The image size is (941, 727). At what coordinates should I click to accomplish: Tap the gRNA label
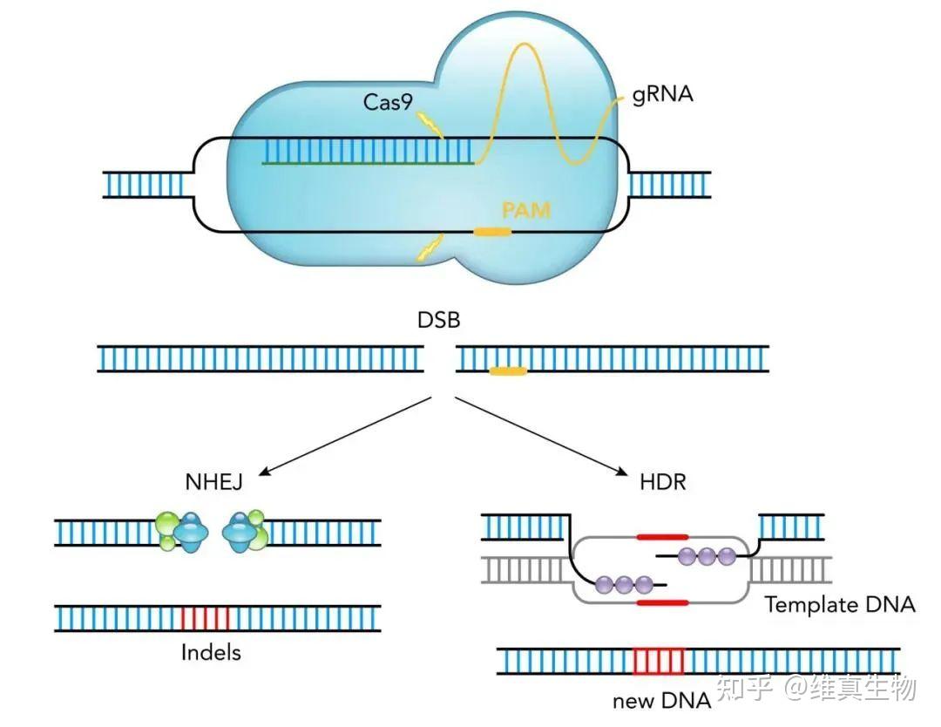click(x=663, y=94)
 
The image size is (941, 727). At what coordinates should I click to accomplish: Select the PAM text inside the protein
click(x=526, y=210)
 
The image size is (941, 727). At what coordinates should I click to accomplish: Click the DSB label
click(x=438, y=320)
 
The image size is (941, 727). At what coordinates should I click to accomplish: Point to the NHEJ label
click(x=213, y=480)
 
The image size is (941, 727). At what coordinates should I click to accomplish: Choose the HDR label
click(x=663, y=480)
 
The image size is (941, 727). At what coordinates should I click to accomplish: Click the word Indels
click(x=211, y=651)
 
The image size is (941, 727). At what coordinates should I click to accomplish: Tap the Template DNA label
click(x=840, y=604)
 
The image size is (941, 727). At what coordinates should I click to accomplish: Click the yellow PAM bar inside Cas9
click(x=492, y=232)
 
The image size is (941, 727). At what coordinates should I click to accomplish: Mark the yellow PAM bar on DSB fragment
click(x=507, y=372)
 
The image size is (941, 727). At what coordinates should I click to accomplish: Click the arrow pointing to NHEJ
click(x=344, y=436)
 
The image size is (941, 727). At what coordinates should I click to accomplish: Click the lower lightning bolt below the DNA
click(x=427, y=248)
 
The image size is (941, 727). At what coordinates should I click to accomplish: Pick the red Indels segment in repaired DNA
click(x=206, y=618)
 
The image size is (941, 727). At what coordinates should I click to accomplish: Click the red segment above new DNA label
click(x=659, y=661)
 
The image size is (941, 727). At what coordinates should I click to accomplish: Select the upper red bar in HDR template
click(x=662, y=537)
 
